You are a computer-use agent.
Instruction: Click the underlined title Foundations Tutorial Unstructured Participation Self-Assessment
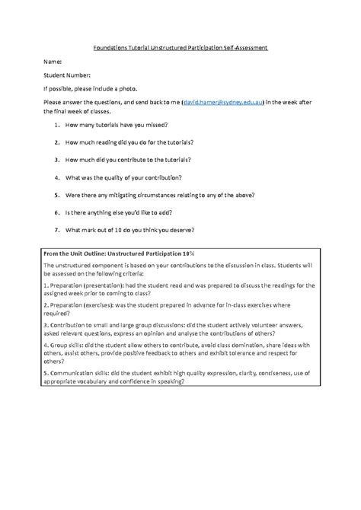[x=180, y=47]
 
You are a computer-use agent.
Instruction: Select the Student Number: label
[x=67, y=75]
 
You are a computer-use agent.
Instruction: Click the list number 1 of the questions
[x=57, y=123]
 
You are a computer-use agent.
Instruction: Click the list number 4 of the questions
[x=57, y=177]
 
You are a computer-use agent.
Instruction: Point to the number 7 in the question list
[x=57, y=230]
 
